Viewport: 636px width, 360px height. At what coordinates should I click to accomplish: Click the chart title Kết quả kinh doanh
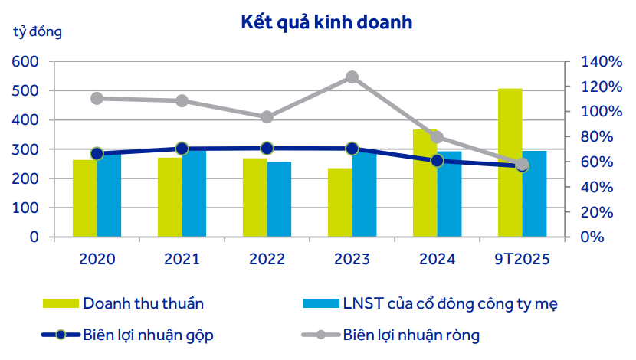327,22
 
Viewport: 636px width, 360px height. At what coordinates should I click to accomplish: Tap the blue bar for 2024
450,195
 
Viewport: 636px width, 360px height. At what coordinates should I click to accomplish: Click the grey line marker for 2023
352,77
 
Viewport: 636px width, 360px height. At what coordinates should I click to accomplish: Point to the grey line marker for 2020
97,98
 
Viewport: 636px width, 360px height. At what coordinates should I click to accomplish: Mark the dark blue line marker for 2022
267,149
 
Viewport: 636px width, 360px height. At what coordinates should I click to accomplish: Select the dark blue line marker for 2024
437,161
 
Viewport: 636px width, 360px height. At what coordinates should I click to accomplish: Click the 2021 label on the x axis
182,259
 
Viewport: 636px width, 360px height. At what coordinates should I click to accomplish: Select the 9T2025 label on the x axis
522,259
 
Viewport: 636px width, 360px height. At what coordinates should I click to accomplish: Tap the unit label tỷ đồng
38,32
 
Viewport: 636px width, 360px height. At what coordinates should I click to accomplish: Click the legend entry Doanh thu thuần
143,303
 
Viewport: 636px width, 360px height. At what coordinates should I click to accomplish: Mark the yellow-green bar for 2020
84,198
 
